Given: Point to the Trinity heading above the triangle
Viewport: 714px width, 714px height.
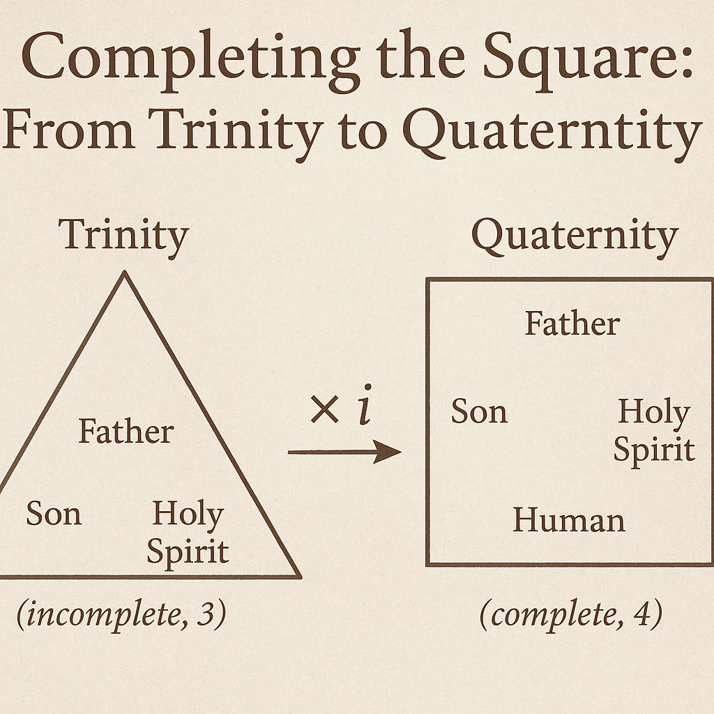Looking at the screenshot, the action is click(x=124, y=238).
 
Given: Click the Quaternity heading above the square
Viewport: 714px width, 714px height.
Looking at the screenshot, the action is click(x=575, y=238).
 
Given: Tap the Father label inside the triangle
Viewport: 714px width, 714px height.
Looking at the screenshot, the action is click(x=126, y=431).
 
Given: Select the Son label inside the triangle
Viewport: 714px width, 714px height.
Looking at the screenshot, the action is click(x=54, y=513).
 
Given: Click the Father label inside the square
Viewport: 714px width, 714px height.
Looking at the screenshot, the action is click(x=572, y=324).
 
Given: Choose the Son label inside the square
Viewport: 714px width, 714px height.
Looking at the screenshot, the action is click(x=480, y=411).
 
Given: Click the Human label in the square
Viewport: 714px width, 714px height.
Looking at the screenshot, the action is click(x=569, y=520).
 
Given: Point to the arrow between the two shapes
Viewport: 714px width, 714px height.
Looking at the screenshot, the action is click(x=344, y=452).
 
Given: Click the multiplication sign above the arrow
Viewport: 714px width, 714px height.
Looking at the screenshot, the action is click(x=324, y=409).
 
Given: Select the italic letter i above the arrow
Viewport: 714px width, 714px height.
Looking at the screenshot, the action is click(x=365, y=405).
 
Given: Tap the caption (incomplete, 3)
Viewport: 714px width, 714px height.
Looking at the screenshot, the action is click(x=121, y=614).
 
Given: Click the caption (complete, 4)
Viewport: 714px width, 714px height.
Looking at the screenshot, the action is click(x=571, y=614).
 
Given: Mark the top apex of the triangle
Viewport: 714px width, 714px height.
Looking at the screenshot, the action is click(x=124, y=272).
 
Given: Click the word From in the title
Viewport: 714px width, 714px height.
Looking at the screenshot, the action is click(x=68, y=129).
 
